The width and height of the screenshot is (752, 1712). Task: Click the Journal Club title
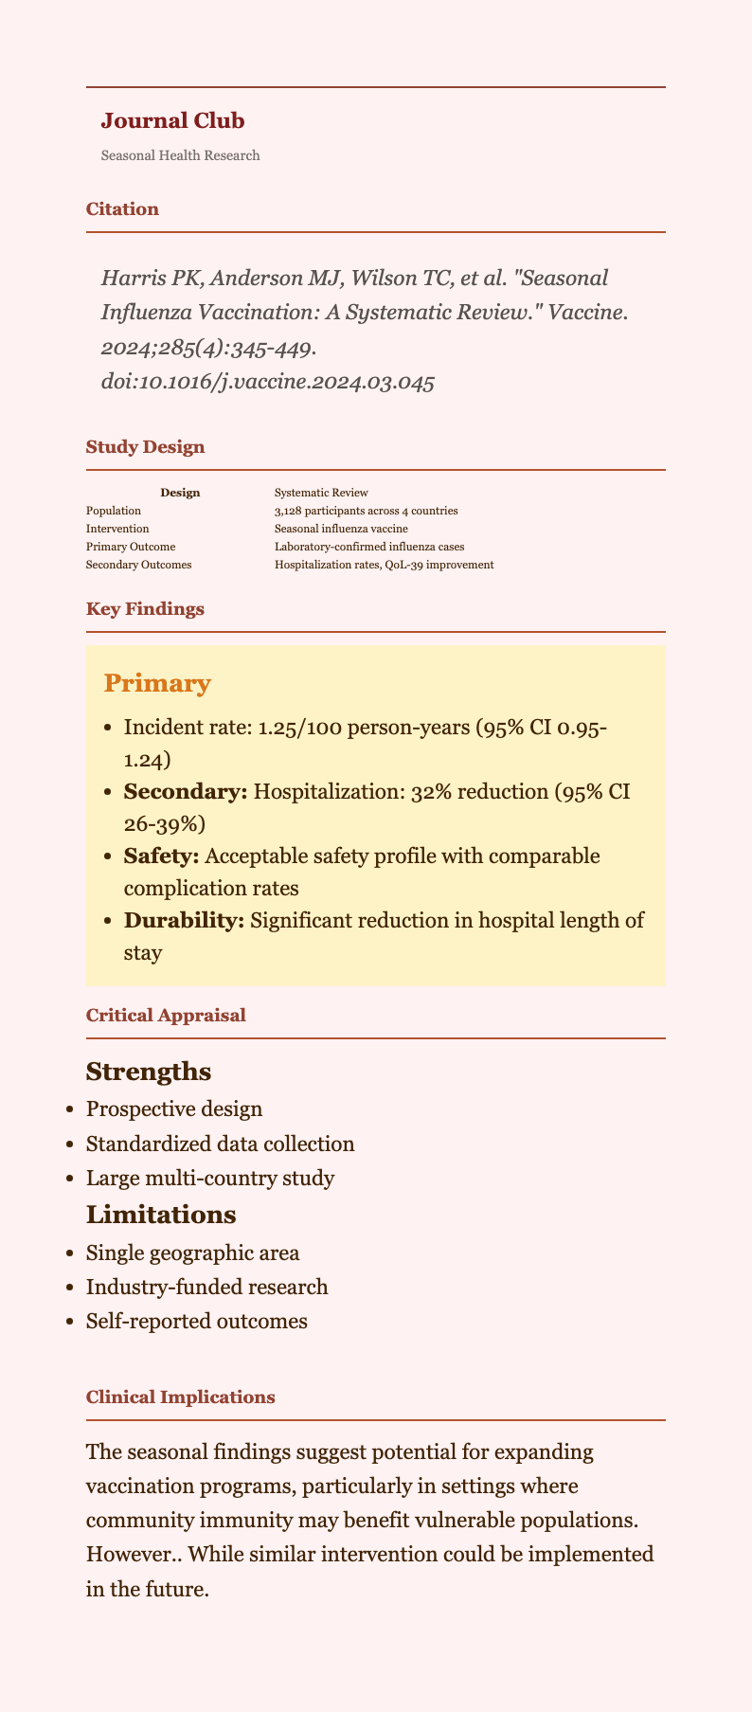[172, 120]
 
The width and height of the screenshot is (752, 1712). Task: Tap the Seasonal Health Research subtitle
[180, 155]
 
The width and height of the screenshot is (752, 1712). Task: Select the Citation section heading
[122, 209]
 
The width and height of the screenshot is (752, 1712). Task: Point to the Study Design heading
[145, 447]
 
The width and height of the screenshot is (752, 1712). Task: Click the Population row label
[113, 511]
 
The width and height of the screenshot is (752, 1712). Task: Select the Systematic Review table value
[321, 493]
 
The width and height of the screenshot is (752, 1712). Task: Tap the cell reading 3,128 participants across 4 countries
[366, 511]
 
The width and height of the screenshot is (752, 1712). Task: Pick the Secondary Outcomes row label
[138, 565]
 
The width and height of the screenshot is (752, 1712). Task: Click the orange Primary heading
[157, 684]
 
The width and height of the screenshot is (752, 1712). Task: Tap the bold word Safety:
[161, 856]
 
